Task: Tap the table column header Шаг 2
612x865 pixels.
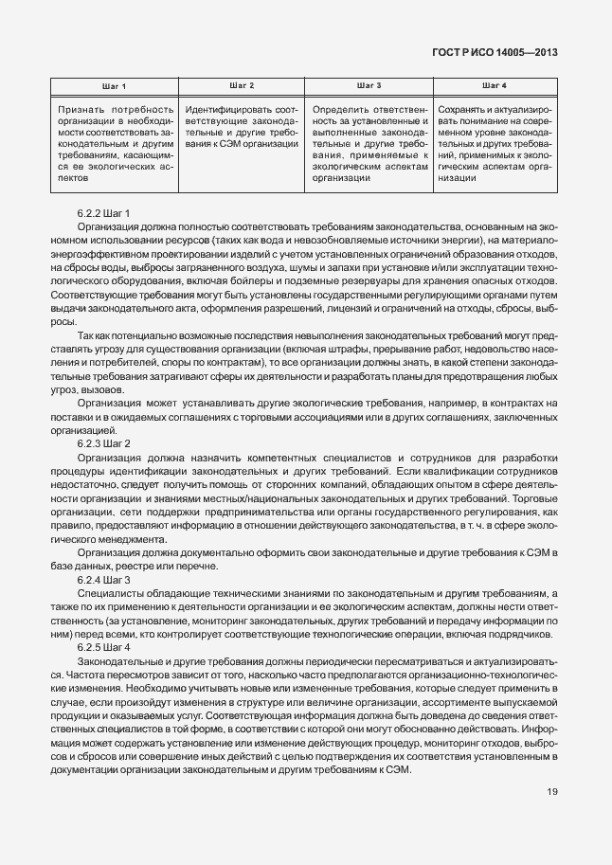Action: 243,86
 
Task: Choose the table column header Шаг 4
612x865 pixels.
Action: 495,86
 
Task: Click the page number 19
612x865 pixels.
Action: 551,793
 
